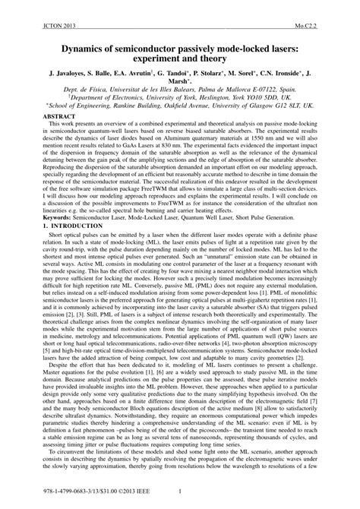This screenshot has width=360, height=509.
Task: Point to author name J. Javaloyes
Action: (x=62, y=77)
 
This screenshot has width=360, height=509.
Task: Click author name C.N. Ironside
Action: (x=292, y=77)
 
